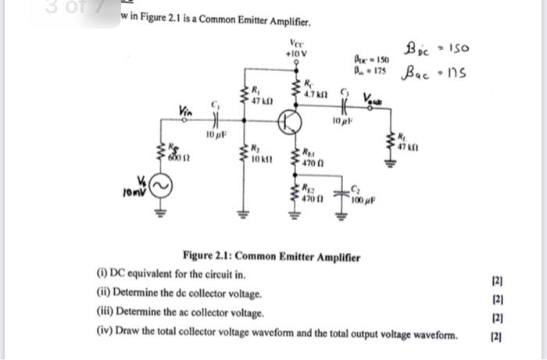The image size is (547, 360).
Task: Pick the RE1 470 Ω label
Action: coord(313,162)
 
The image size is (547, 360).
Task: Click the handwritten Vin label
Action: coord(186,111)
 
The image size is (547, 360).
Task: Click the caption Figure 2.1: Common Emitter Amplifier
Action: coord(270,256)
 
